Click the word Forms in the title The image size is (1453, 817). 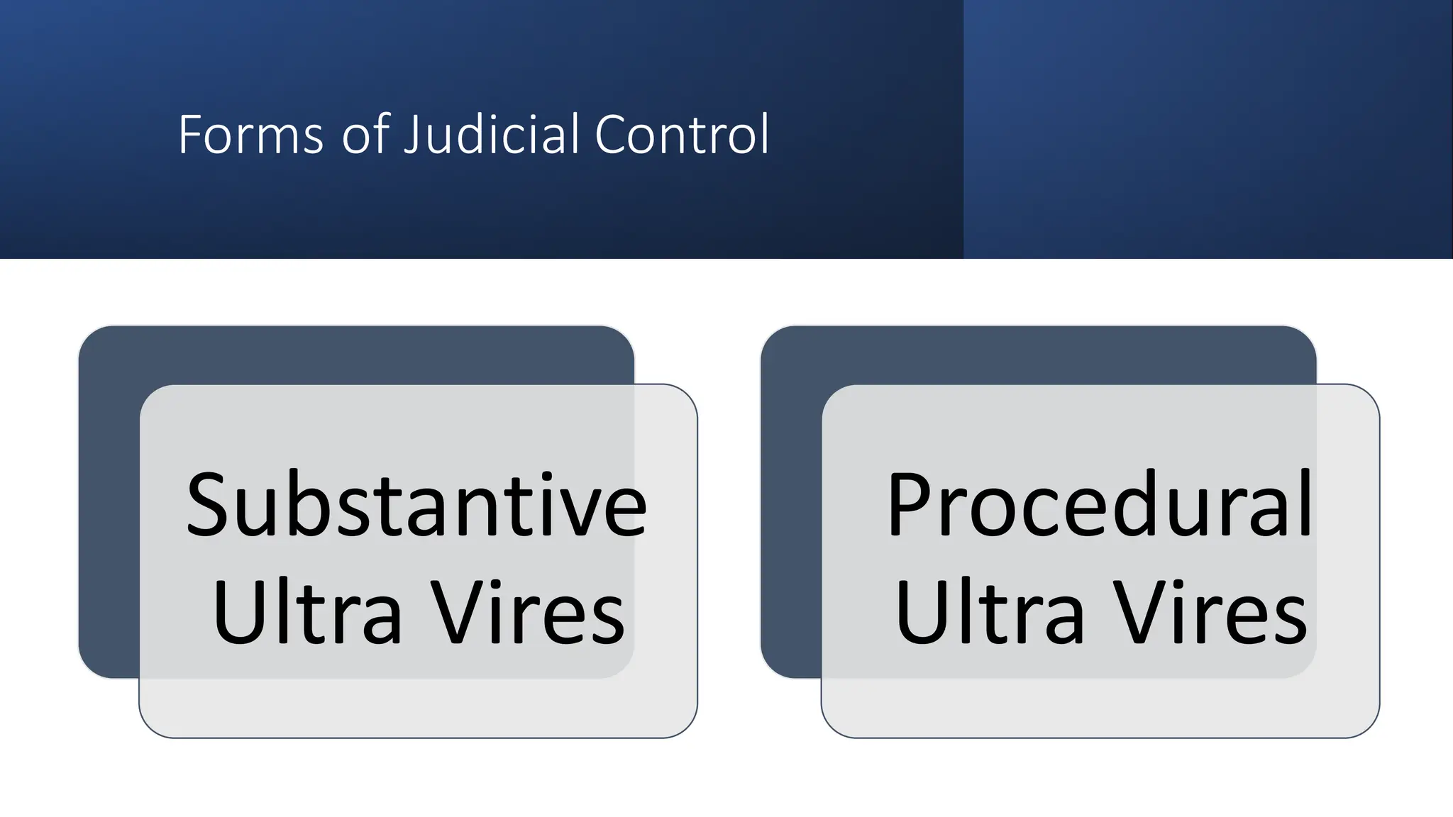click(250, 134)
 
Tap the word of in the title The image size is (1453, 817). click(365, 134)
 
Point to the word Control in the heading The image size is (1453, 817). click(681, 134)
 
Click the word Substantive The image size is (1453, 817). click(416, 505)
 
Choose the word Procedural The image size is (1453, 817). click(1099, 505)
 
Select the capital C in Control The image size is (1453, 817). click(612, 134)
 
